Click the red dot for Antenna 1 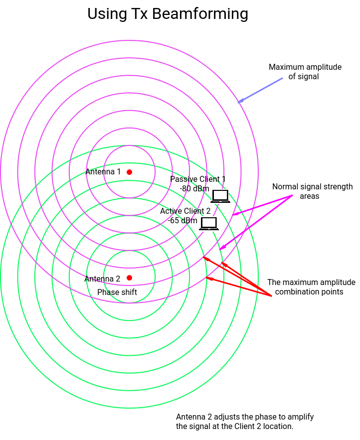click(129, 172)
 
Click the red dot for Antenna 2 click(129, 278)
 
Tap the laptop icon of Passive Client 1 click(220, 196)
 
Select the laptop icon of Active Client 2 click(209, 223)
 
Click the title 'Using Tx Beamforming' click(168, 14)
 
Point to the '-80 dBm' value click(194, 189)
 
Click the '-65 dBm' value click(182, 220)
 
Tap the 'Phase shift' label click(117, 292)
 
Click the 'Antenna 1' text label click(103, 172)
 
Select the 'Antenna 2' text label click(102, 279)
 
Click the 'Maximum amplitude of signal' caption click(305, 72)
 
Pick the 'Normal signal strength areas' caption click(312, 191)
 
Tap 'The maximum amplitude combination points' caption click(311, 287)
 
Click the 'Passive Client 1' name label click(198, 179)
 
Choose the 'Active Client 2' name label click(185, 211)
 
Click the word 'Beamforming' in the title click(200, 14)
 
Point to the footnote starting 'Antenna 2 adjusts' click(245, 422)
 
